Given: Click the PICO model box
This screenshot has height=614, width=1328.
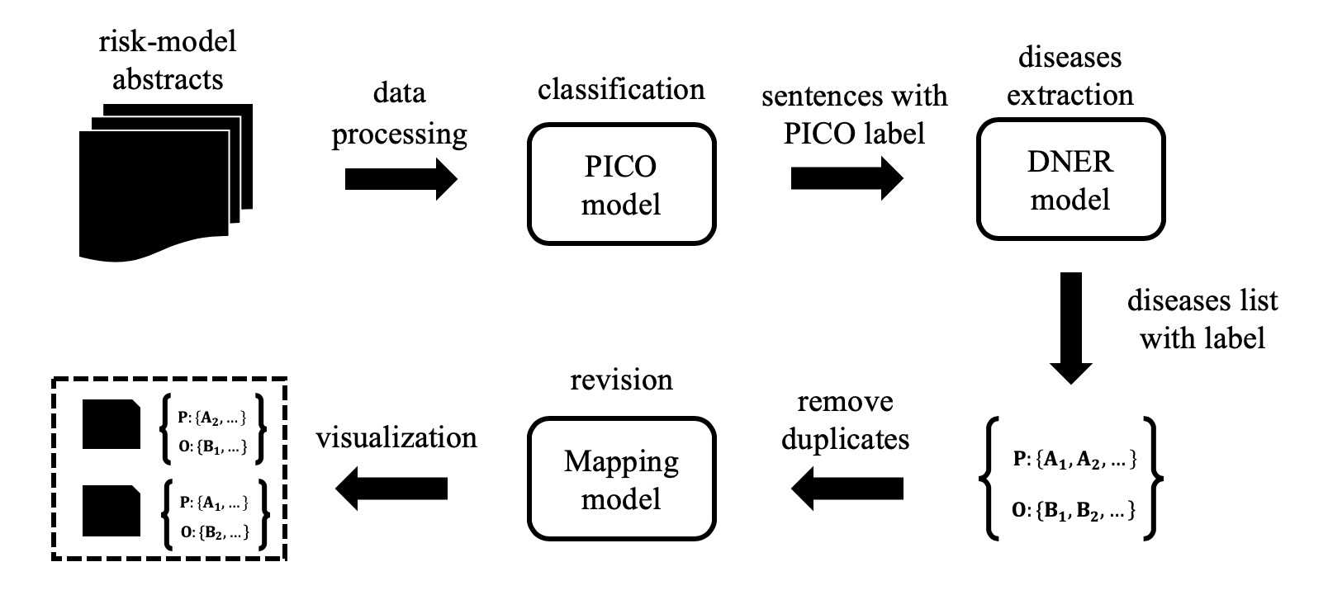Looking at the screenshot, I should point(621,184).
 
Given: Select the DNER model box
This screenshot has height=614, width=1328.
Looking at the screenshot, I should point(1070,179).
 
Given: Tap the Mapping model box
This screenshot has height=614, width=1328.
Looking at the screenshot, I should point(621,479).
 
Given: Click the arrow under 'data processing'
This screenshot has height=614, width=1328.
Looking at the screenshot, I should point(401,178).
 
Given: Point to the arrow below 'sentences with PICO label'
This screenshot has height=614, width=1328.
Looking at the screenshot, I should point(847,178).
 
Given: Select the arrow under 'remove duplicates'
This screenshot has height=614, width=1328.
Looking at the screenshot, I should point(847,489).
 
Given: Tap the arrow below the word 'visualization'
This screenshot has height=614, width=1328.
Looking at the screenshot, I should point(391,489).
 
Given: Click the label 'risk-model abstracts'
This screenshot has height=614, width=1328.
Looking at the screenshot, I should point(168,59).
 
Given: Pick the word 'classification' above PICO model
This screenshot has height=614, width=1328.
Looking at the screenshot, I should point(621,89).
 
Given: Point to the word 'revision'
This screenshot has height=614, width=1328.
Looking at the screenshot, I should point(621,380).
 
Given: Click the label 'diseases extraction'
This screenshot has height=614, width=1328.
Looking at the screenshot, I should point(1070,76).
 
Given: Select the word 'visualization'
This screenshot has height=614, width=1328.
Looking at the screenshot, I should point(396,437).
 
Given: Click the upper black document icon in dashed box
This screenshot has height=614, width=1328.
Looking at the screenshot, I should point(111,423).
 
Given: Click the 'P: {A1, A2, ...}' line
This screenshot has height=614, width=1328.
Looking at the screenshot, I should point(1074,460).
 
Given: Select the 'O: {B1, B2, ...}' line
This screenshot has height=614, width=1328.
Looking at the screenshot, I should point(1074,512).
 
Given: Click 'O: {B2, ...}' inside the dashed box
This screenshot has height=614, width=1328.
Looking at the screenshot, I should point(214,532).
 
